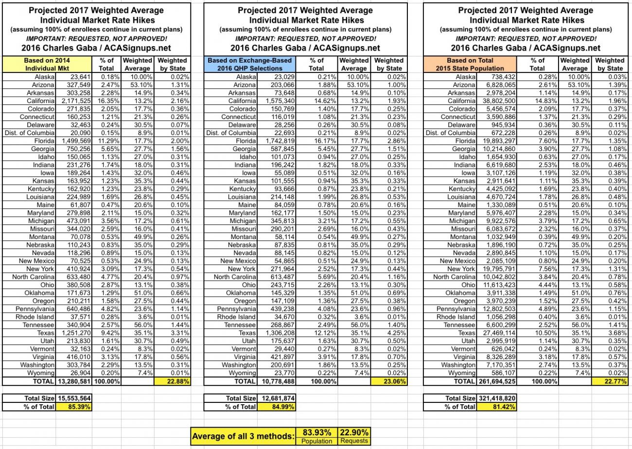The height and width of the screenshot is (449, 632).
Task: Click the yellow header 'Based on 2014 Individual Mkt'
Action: click(x=47, y=64)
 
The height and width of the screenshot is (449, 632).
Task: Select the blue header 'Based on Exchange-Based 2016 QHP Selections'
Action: click(x=250, y=64)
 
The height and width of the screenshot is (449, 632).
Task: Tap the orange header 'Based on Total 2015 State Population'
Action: click(x=470, y=64)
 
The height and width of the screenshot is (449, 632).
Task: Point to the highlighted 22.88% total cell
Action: click(x=172, y=381)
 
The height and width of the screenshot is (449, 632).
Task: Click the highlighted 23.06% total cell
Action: click(x=389, y=381)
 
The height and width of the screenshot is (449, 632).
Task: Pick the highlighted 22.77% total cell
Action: click(x=610, y=381)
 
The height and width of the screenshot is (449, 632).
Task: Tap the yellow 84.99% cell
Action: click(x=276, y=407)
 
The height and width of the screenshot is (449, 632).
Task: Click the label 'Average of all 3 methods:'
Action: click(x=243, y=436)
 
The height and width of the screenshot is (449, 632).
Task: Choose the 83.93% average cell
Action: click(x=317, y=432)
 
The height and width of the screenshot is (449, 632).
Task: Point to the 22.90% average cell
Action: click(x=354, y=432)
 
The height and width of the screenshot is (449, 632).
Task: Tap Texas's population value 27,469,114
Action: click(x=497, y=333)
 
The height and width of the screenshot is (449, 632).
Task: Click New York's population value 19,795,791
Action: click(x=497, y=269)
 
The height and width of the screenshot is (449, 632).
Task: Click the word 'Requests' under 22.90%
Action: click(x=354, y=441)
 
